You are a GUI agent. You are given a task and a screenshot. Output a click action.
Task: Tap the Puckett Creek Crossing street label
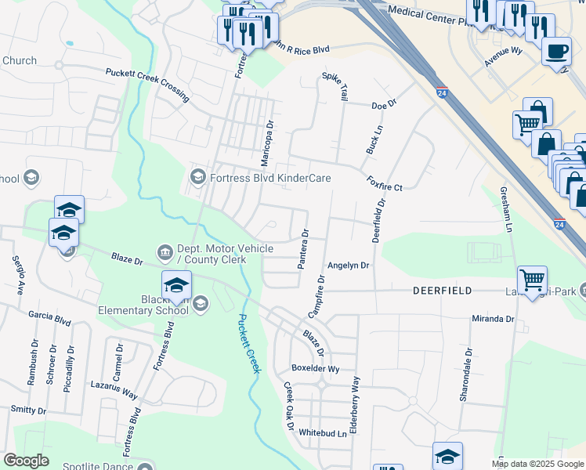pyautogui.click(x=149, y=85)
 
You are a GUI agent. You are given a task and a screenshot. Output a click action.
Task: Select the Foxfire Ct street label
pyautogui.click(x=385, y=183)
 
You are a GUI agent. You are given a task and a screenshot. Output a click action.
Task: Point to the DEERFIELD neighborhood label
pyautogui.click(x=443, y=291)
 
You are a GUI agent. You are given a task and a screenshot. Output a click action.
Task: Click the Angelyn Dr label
pyautogui.click(x=348, y=266)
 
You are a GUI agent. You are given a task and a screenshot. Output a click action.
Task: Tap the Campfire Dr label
pyautogui.click(x=317, y=296)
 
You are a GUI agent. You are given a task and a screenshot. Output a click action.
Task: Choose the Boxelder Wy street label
pyautogui.click(x=316, y=368)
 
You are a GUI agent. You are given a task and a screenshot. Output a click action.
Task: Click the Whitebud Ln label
pyautogui.click(x=323, y=432)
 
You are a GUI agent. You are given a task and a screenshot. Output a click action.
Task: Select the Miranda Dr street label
pyautogui.click(x=493, y=319)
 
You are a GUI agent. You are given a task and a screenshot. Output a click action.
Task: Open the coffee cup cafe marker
pyautogui.click(x=556, y=51)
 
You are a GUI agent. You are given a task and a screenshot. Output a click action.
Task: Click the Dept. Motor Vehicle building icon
pyautogui.click(x=165, y=251)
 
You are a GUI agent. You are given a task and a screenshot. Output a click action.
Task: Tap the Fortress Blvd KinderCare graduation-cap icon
pyautogui.click(x=197, y=178)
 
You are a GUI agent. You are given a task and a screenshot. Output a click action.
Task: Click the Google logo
pyautogui.click(x=26, y=461)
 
